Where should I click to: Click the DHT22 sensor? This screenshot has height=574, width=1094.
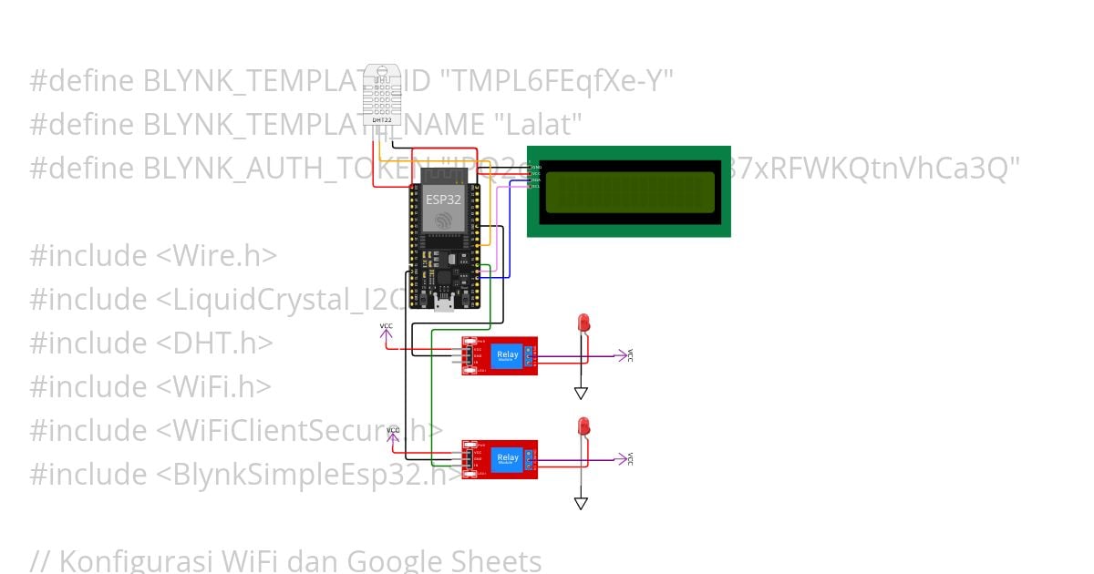click(x=382, y=95)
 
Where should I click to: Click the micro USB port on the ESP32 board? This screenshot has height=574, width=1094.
click(x=444, y=302)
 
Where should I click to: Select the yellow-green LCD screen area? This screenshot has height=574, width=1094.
click(x=629, y=191)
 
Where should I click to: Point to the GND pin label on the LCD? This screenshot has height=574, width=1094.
click(x=536, y=168)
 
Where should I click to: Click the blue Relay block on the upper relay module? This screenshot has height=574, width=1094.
click(x=507, y=355)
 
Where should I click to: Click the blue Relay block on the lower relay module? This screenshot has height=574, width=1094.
click(x=507, y=458)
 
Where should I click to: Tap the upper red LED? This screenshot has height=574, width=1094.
click(x=583, y=323)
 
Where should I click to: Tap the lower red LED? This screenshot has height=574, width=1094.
click(x=583, y=425)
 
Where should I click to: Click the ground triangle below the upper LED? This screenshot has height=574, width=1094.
click(x=581, y=394)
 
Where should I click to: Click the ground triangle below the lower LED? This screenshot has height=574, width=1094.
click(x=581, y=503)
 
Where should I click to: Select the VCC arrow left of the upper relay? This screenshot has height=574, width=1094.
click(x=387, y=332)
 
